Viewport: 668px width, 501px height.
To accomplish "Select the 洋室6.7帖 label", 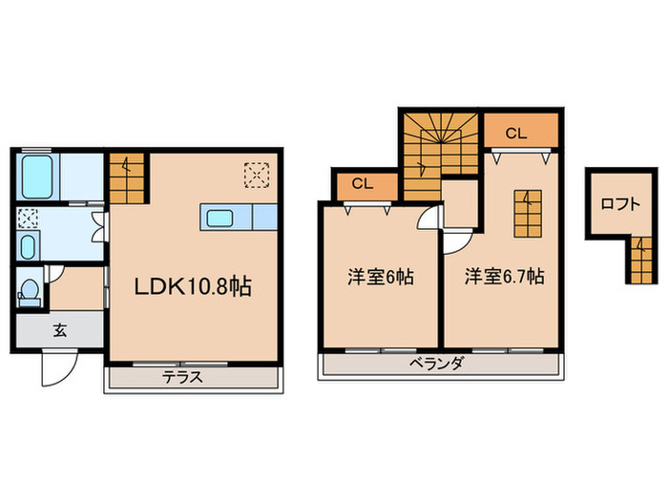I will point(505,278).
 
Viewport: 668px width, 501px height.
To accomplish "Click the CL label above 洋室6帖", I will point(361,184).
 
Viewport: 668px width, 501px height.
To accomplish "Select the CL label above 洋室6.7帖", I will point(515,134).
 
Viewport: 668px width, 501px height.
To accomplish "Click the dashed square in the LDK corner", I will point(256,174).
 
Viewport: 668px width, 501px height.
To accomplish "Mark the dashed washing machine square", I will point(27,218).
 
